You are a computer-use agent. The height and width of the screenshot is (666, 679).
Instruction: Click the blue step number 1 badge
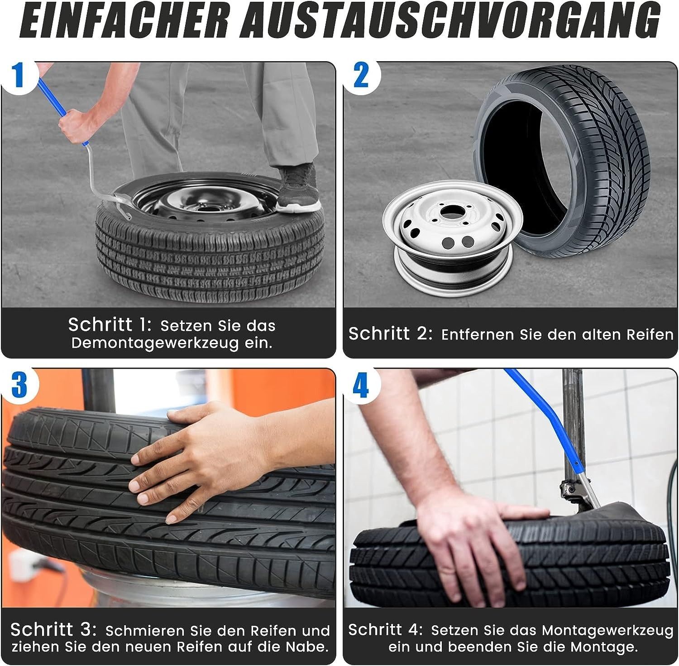[18, 75]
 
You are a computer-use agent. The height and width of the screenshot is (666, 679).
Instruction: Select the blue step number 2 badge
[361, 75]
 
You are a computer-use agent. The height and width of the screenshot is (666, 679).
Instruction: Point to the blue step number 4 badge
[361, 386]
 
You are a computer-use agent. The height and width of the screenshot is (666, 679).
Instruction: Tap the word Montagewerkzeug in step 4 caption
[607, 631]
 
